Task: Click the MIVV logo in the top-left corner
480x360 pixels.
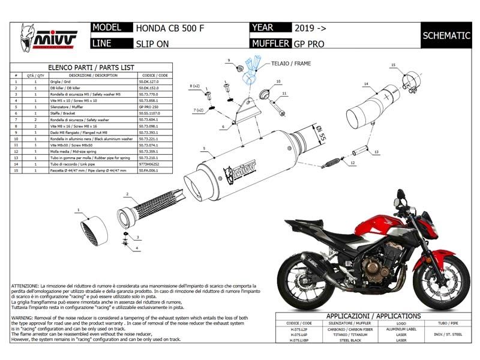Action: pos(49,35)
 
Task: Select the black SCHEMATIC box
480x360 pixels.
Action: pos(446,35)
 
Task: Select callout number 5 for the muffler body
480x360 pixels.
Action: pos(205,148)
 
